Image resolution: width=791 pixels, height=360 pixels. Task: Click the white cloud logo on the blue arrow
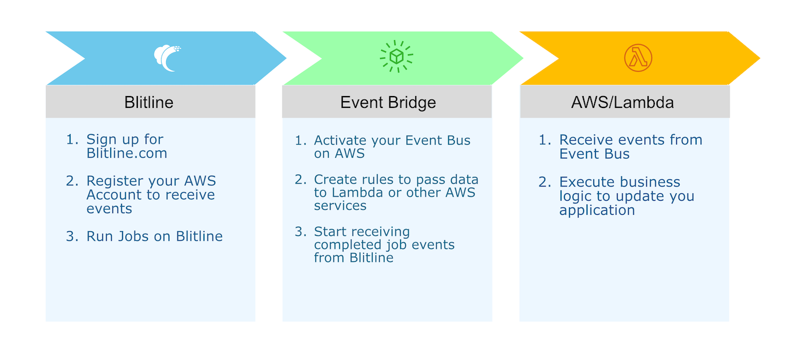point(167,58)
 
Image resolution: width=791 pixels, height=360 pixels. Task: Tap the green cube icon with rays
point(396,56)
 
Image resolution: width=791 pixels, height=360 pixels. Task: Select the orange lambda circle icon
point(638,58)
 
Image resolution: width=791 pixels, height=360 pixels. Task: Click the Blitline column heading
point(149,102)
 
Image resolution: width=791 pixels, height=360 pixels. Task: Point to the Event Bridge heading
point(388,103)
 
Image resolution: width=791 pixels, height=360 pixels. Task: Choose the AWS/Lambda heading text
point(623,102)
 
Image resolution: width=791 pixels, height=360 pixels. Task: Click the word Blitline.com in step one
point(127,153)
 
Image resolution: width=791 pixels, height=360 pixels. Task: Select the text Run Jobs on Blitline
point(155,236)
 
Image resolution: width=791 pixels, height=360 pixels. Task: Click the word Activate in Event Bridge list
point(340,141)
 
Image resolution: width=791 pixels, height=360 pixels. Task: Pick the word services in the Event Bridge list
point(340,206)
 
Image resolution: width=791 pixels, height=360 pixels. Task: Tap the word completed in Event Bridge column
point(347,245)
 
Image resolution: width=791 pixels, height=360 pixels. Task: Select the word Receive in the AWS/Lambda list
point(586,140)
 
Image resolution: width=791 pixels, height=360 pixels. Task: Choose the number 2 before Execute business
point(544,183)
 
